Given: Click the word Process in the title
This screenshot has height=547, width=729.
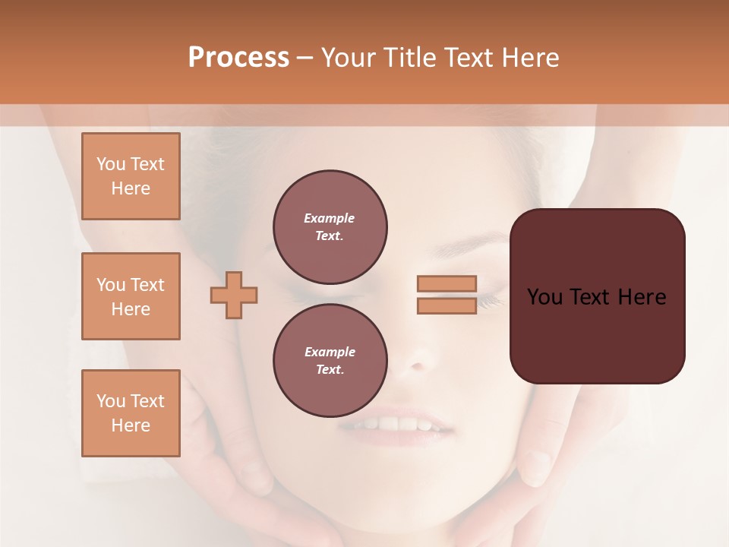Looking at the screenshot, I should click(x=238, y=58).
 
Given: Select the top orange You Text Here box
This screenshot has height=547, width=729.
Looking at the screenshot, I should click(x=131, y=176).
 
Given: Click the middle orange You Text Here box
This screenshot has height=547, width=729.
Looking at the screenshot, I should click(x=131, y=296).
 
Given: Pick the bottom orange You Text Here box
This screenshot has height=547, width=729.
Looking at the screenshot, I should click(x=131, y=413).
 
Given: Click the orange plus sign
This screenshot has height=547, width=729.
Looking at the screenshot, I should click(x=234, y=295).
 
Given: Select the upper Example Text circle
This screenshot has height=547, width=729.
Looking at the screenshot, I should click(x=330, y=227).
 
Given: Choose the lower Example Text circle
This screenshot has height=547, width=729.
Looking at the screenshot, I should click(x=330, y=361).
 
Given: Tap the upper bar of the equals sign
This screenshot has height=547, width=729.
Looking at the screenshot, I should click(x=447, y=283).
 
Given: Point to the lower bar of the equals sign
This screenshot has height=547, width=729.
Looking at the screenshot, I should click(x=447, y=306).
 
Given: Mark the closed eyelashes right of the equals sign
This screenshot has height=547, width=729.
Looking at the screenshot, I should click(x=492, y=300).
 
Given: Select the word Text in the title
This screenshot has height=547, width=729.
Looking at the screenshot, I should click(x=467, y=58).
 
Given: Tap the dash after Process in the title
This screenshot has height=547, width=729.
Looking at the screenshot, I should click(x=305, y=58).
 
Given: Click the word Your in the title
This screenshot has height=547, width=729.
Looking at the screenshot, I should click(x=348, y=58).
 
